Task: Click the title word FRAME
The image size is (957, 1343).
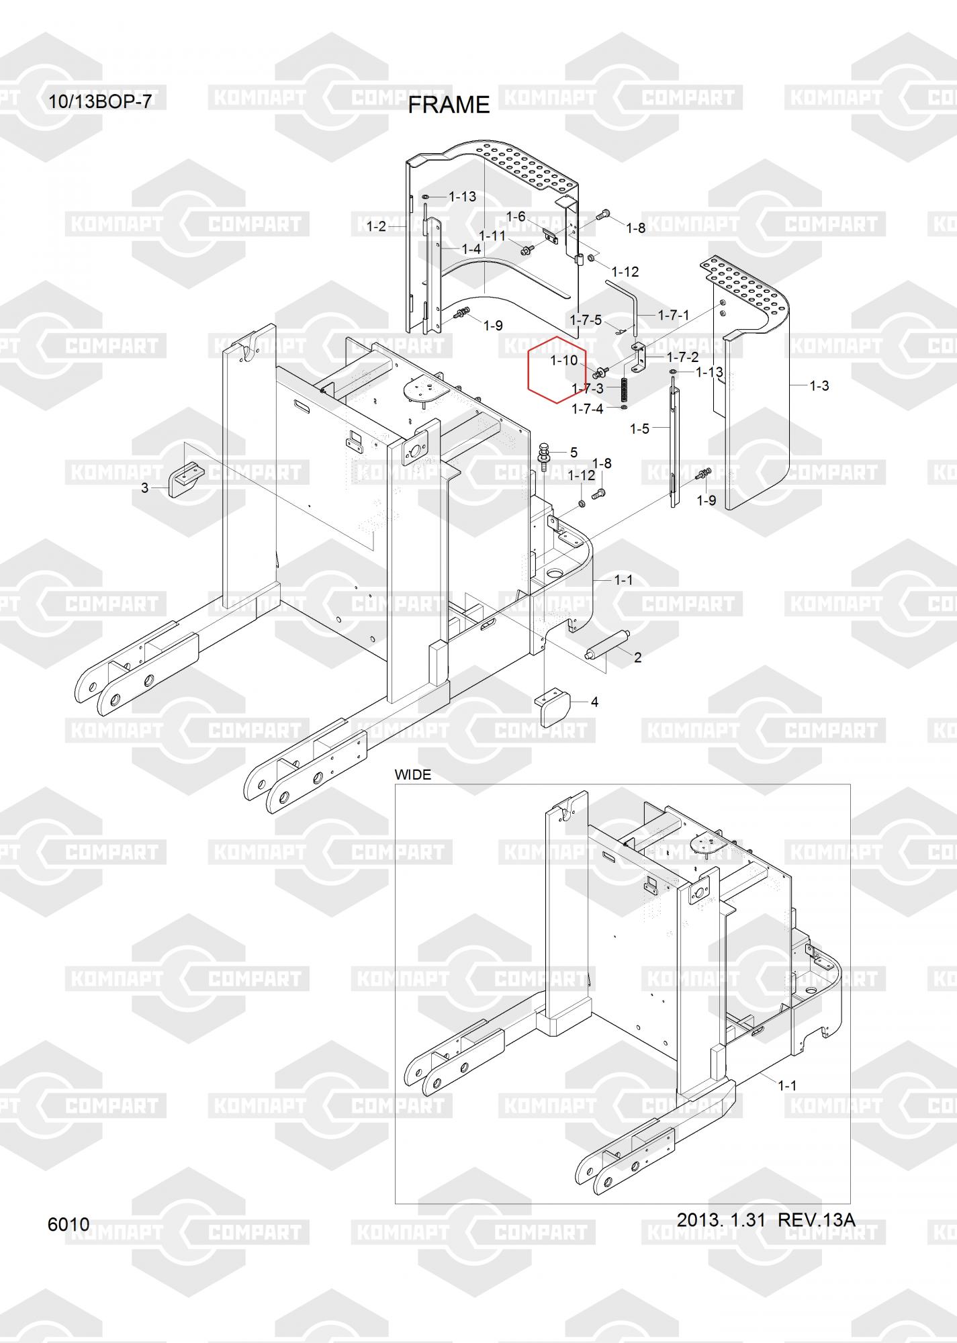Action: (449, 105)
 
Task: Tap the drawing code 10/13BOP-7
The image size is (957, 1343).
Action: (100, 101)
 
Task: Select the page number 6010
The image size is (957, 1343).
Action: (69, 1224)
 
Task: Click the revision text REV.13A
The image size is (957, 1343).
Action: (816, 1219)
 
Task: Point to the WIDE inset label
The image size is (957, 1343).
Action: (412, 774)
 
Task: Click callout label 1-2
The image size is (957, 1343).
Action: (376, 226)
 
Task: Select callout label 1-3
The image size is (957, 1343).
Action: (819, 385)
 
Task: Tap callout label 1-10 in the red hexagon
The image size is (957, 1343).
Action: (563, 361)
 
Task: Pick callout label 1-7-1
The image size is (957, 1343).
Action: (673, 315)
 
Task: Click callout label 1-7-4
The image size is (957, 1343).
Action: (587, 408)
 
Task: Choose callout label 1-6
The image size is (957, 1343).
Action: (515, 216)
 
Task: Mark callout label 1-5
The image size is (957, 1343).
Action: (639, 428)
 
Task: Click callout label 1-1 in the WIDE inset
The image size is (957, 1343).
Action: (787, 1085)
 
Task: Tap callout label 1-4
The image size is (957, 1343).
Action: (471, 248)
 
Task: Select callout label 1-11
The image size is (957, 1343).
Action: (492, 236)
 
